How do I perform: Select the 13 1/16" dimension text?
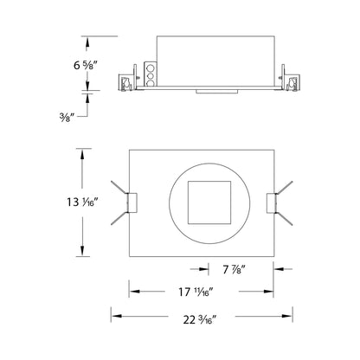(83, 203)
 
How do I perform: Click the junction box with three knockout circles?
(148, 75)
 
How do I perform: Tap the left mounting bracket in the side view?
(127, 82)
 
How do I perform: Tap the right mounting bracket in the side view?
(294, 83)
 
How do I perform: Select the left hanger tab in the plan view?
(130, 202)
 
